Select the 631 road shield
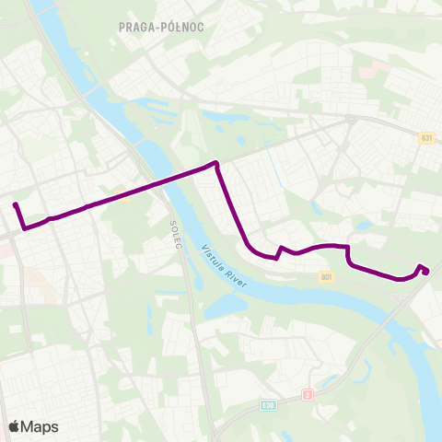[425, 138]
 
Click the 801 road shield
[327, 276]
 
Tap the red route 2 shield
[308, 395]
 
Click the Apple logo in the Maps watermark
[15, 426]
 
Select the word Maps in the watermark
[41, 426]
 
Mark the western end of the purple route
[15, 204]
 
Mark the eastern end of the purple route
[427, 271]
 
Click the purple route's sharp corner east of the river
[216, 163]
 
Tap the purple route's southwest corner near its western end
[23, 227]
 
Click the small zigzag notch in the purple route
[279, 250]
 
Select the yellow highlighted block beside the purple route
[120, 192]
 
